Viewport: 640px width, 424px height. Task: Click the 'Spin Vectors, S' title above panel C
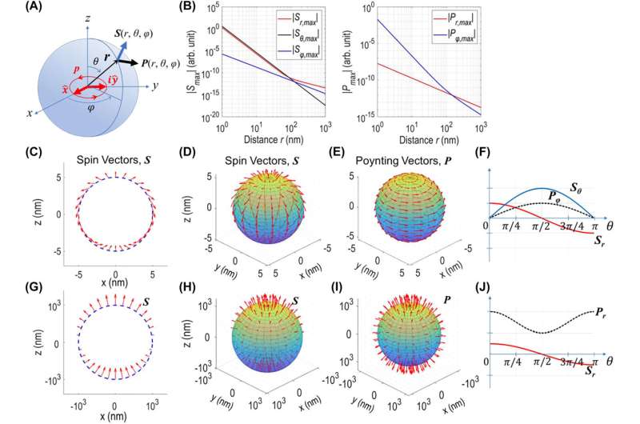[118, 154]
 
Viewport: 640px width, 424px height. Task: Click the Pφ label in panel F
[550, 192]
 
